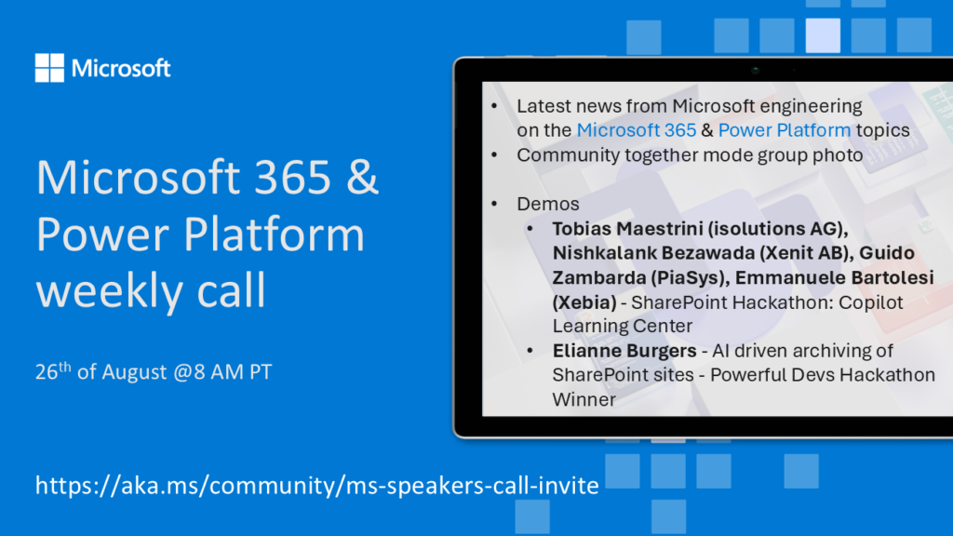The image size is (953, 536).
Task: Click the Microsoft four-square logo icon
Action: (49, 67)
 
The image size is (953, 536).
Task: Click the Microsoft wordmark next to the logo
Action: (121, 68)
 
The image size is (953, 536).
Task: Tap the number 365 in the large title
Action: (292, 177)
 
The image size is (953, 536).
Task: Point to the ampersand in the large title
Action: (364, 177)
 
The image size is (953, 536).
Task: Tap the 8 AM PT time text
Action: (233, 372)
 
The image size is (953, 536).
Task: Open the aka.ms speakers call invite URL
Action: (316, 486)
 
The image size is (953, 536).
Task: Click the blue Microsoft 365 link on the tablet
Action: (637, 130)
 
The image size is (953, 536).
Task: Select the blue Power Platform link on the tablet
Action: (784, 130)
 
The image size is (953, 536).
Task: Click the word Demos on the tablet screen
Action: (547, 204)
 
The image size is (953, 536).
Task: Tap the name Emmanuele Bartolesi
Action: (834, 277)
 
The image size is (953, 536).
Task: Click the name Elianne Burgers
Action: (624, 351)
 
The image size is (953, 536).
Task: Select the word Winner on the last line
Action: (584, 399)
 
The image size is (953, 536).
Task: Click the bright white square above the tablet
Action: (823, 35)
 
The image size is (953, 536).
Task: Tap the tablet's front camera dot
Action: (755, 70)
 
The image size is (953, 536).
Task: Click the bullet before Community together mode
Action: (494, 155)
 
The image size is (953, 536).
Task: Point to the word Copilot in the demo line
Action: (876, 302)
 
